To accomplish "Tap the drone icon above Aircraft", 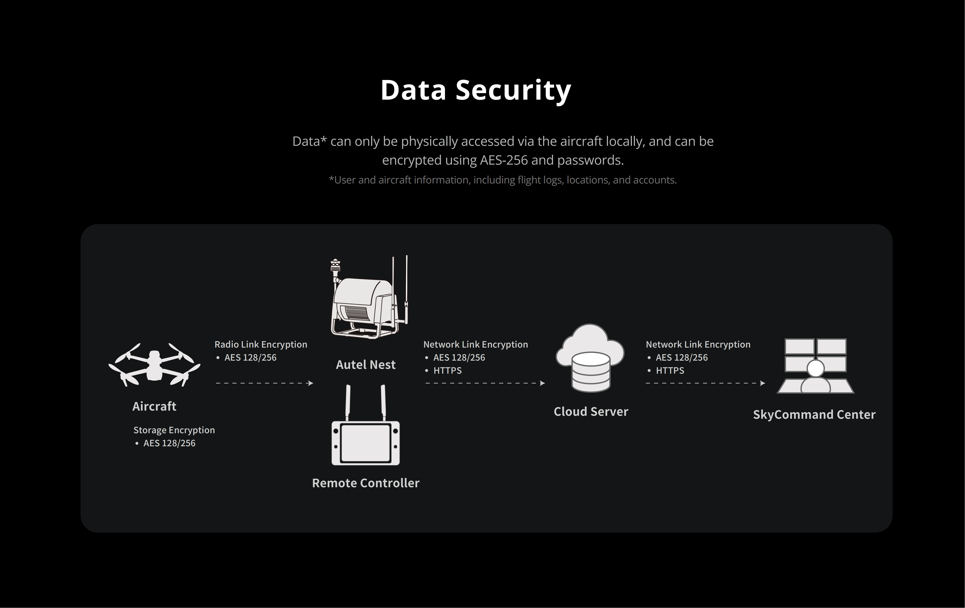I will pos(154,365).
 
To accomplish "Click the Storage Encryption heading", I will pos(174,430).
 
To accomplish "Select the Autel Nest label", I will pos(365,365).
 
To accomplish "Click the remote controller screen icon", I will pos(365,443).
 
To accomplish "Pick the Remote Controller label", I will pos(365,483).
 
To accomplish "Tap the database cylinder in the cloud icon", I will pos(591,371).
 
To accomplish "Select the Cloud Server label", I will pos(591,412).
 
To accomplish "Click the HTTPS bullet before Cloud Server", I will pos(447,371).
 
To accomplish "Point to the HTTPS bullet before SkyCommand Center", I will pos(670,371).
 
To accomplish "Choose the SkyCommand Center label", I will pos(814,414).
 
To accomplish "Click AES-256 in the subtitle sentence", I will pos(504,160).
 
